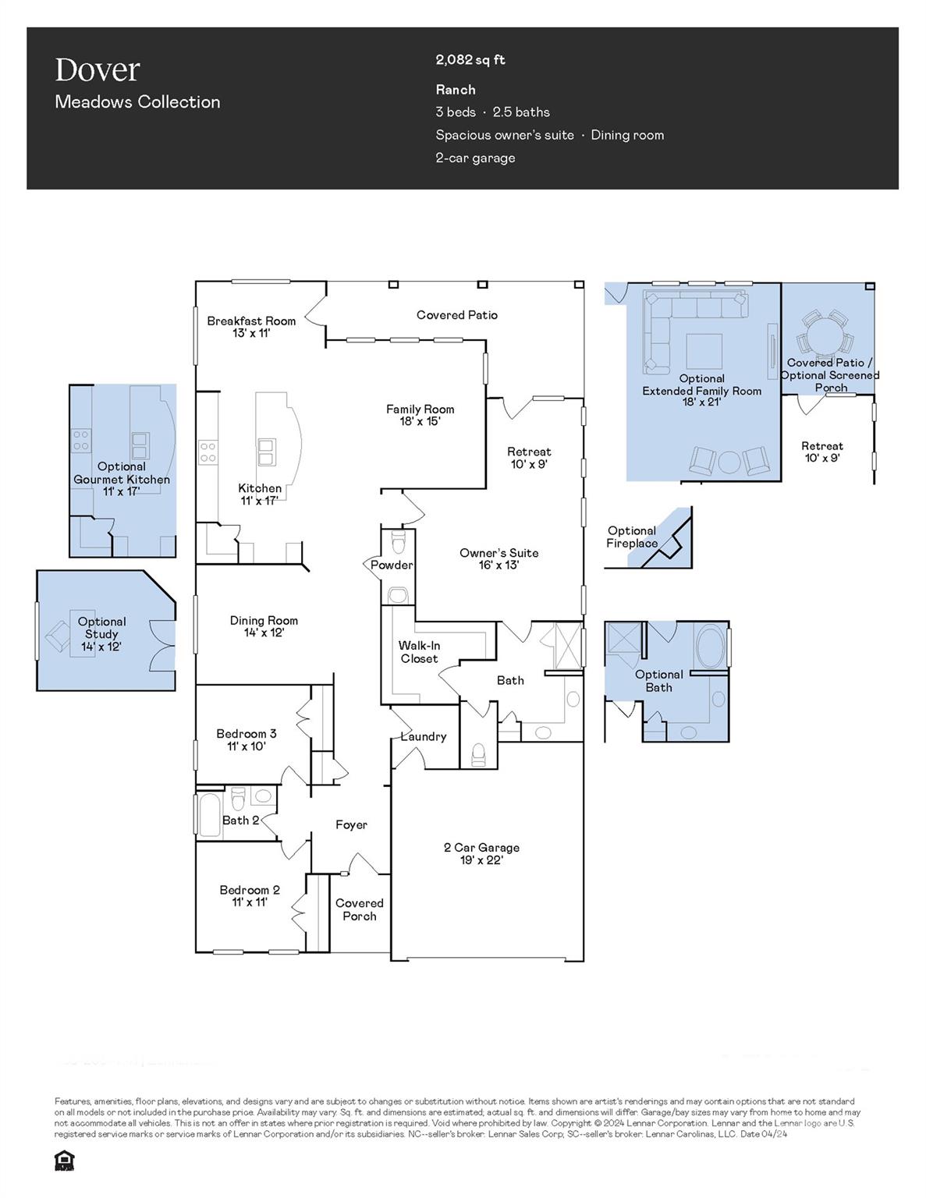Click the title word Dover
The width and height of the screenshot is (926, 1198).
tap(98, 70)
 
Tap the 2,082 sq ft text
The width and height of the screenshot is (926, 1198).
tap(470, 60)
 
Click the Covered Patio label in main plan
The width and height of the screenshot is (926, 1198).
tap(456, 315)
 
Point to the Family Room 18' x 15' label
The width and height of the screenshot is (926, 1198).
tap(420, 415)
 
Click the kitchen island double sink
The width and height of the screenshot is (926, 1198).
tap(267, 452)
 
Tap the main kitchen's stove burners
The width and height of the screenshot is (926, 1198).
tap(208, 452)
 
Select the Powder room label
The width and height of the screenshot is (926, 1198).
tap(392, 565)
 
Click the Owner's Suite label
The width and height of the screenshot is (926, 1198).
tap(498, 558)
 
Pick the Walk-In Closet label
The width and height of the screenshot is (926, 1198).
tap(419, 652)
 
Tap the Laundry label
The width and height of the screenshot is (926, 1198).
tap(424, 736)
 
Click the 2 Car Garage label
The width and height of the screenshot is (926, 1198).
tap(481, 853)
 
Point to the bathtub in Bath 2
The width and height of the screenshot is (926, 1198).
tap(210, 815)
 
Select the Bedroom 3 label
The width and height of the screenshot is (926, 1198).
tap(247, 739)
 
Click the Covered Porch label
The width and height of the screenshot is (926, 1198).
tap(360, 909)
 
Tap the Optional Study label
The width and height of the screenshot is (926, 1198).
tap(101, 634)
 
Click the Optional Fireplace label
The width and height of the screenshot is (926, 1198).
tap(632, 537)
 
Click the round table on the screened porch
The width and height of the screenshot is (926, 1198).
tap(825, 338)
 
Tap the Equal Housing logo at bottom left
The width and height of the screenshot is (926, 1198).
tap(63, 1161)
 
